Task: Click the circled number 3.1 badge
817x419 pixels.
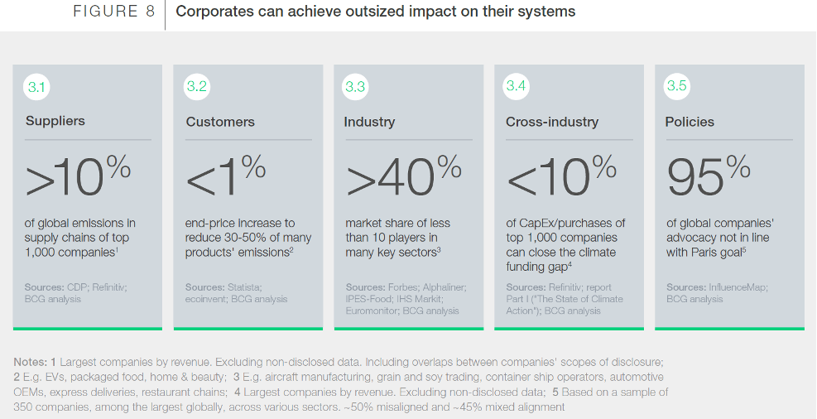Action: [x=37, y=87]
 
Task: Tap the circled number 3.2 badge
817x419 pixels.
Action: [x=196, y=87]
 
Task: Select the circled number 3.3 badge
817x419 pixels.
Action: [x=356, y=87]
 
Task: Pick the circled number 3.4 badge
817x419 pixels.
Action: [x=517, y=87]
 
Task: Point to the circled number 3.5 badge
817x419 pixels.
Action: [x=676, y=87]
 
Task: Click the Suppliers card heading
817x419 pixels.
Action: [x=55, y=121]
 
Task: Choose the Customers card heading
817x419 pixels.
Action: [x=220, y=122]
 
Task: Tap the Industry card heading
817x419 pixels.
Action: [x=369, y=122]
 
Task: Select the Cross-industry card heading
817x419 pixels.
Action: [x=552, y=122]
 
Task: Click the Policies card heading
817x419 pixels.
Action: [x=690, y=122]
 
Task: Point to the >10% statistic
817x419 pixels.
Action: [x=78, y=176]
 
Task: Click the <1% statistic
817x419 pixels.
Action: [x=226, y=176]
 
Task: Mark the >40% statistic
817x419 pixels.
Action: [x=403, y=176]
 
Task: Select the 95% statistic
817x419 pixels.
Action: [x=709, y=176]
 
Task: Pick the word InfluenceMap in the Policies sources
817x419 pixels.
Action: [x=738, y=287]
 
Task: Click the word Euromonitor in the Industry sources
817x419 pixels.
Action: [x=372, y=311]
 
